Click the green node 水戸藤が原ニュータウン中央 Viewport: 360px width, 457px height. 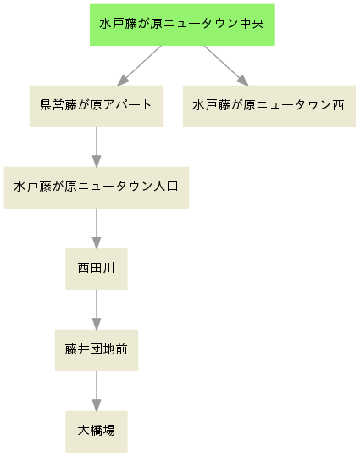coord(182,25)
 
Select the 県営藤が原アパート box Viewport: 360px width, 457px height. coord(97,106)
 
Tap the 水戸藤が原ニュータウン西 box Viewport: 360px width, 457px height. coord(269,106)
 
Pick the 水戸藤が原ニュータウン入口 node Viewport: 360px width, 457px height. coord(97,187)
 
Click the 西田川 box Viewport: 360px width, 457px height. coord(97,269)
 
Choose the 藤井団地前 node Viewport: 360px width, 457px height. coord(97,350)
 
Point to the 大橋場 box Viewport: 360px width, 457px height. coord(97,432)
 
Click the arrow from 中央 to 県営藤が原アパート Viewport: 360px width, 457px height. coord(139,66)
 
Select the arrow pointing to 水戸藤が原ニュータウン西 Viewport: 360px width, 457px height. coord(226,66)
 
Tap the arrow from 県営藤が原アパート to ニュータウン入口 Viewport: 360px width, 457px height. coord(97,148)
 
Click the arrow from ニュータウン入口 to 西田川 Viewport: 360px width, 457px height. coord(97,229)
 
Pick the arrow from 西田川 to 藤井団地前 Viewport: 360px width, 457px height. coord(97,309)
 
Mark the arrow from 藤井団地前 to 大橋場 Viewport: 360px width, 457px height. coord(97,391)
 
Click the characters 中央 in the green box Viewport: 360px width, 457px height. coord(252,24)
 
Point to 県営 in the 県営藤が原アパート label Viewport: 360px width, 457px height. coord(52,105)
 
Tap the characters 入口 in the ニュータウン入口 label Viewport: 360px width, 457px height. coord(166,187)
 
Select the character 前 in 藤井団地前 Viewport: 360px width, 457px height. coord(121,349)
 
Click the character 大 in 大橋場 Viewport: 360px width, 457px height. coord(83,431)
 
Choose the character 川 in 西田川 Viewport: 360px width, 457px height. coord(109,268)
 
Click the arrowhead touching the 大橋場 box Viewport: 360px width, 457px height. coord(97,405)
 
